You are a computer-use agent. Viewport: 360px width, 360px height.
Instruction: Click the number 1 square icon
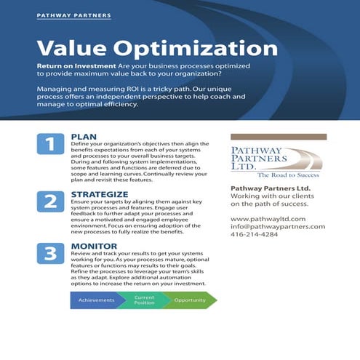click(x=49, y=144)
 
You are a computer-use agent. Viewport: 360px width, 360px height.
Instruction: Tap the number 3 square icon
click(x=49, y=254)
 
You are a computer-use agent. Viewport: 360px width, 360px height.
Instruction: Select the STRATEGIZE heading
click(x=100, y=195)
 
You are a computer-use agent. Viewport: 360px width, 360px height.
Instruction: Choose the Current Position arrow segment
click(x=144, y=300)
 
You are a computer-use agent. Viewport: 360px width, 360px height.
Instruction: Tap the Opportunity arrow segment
click(x=189, y=300)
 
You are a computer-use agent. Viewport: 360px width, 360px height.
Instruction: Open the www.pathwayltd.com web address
click(x=268, y=218)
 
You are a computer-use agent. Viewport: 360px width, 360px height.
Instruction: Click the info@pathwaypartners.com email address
click(x=278, y=226)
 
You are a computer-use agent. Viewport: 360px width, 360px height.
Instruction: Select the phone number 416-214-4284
click(x=254, y=234)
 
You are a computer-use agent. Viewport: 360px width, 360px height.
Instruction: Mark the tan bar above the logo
click(x=278, y=137)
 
